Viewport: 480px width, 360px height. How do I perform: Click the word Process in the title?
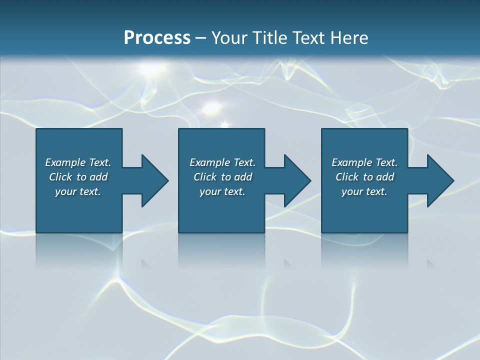click(x=157, y=38)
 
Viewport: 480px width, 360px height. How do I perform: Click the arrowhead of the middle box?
click(x=296, y=181)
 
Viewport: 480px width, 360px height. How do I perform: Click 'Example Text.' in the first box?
click(x=78, y=162)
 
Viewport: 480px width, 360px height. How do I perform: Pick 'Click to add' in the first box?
click(x=78, y=177)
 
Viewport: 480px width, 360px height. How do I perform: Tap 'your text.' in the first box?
click(x=78, y=191)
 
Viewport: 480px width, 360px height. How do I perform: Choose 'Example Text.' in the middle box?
click(x=222, y=162)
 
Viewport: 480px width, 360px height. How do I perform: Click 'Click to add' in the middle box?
click(x=222, y=177)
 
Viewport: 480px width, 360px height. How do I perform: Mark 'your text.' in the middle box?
click(x=222, y=191)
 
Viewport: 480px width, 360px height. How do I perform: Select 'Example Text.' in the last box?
click(x=364, y=162)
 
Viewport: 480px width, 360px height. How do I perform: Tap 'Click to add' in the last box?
click(x=364, y=177)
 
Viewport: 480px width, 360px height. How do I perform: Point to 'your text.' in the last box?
click(x=364, y=191)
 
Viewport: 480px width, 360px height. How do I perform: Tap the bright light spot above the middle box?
click(x=213, y=106)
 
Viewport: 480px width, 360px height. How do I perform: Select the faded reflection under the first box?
click(x=79, y=250)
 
